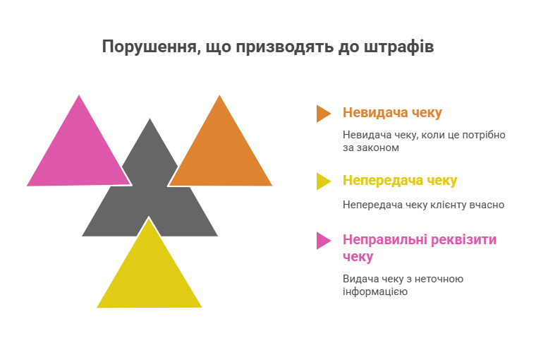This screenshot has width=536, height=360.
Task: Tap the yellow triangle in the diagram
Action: click(x=150, y=275)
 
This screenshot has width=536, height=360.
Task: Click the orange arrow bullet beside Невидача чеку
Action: click(x=323, y=113)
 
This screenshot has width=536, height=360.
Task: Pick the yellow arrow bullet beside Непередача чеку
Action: click(x=323, y=181)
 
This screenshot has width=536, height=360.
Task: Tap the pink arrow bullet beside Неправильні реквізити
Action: click(x=323, y=241)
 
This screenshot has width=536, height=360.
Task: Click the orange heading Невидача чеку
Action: click(x=392, y=113)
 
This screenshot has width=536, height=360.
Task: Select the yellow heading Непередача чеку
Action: click(x=400, y=181)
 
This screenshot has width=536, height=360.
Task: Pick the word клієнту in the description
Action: click(x=443, y=205)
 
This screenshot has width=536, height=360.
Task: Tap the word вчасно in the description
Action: click(x=486, y=205)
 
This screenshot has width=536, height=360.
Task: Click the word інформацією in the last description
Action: click(x=375, y=292)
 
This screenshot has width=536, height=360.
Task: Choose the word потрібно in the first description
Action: click(x=485, y=135)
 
